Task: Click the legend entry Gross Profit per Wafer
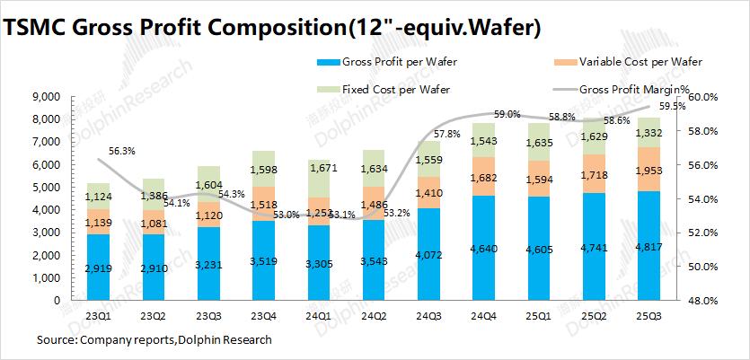tap(393, 63)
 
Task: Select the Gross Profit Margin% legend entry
tap(634, 90)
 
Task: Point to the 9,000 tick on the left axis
tap(45, 97)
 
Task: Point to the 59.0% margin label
tap(507, 114)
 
